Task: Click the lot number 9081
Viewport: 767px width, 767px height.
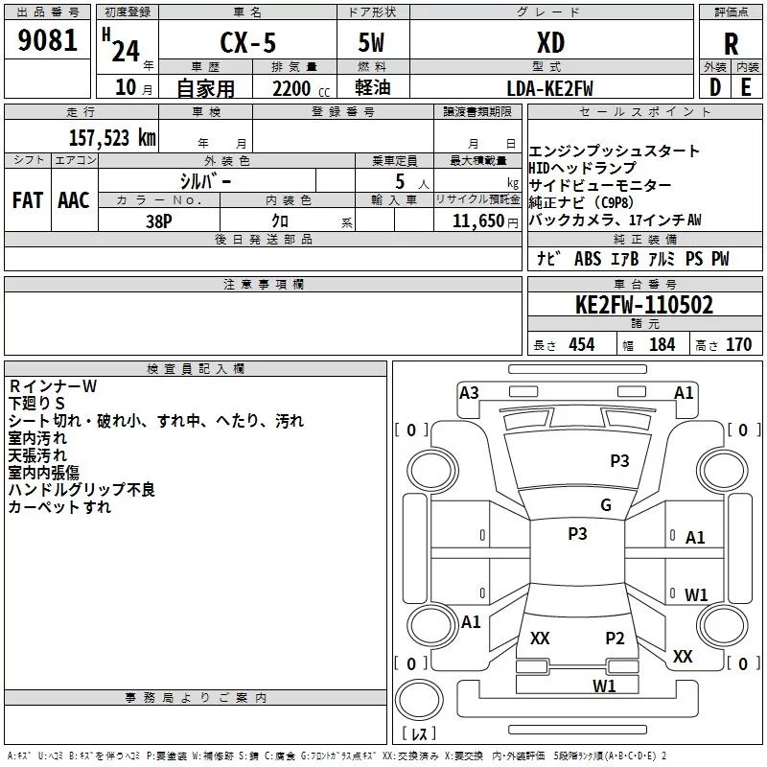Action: click(x=48, y=42)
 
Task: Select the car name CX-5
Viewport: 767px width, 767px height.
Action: click(x=245, y=43)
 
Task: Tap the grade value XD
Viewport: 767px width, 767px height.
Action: click(x=550, y=42)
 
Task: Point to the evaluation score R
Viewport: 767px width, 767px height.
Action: click(x=731, y=43)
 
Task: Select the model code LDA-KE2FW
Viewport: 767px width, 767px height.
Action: click(x=550, y=88)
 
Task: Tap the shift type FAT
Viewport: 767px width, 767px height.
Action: click(x=27, y=200)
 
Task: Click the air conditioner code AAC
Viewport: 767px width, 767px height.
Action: click(x=74, y=200)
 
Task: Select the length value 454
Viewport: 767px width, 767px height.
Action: click(x=581, y=345)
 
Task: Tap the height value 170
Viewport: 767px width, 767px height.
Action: click(x=738, y=345)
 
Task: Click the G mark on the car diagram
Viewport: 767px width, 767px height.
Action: click(x=605, y=505)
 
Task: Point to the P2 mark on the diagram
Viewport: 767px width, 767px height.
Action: click(x=615, y=638)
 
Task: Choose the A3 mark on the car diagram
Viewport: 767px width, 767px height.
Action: click(x=469, y=392)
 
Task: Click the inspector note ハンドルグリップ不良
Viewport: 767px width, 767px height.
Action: click(x=81, y=490)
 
